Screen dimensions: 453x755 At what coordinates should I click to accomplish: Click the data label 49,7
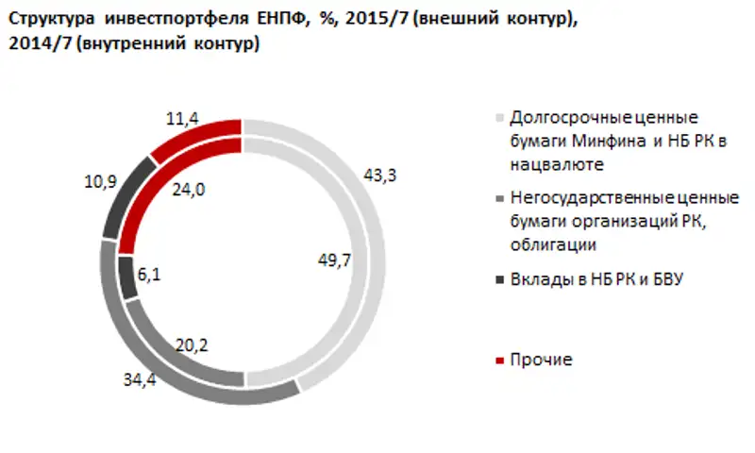pos(335,261)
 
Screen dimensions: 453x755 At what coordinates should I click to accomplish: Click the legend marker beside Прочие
pos(499,361)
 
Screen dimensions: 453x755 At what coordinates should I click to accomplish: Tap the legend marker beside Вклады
pos(499,279)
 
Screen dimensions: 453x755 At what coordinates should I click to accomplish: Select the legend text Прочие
pos(541,361)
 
